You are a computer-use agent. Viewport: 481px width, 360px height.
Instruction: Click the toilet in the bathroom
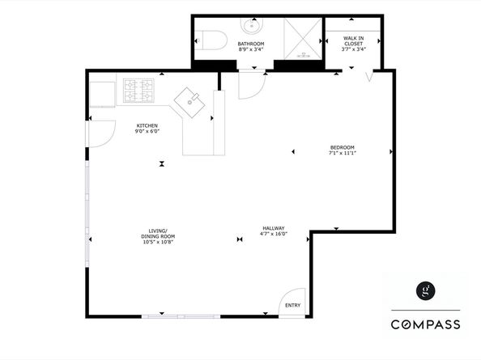[211, 40]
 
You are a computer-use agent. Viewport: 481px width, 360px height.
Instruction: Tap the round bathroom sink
[252, 25]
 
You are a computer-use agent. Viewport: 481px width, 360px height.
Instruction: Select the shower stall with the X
[303, 39]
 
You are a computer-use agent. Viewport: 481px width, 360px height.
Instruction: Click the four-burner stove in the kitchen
[138, 91]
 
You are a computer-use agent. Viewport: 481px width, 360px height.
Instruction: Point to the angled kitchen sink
[189, 103]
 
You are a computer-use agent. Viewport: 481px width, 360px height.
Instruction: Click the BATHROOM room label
[251, 44]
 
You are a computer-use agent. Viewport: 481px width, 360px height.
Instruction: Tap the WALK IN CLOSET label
[354, 40]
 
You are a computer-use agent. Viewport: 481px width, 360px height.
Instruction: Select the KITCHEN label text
[147, 125]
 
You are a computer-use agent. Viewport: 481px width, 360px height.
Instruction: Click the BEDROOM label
[343, 147]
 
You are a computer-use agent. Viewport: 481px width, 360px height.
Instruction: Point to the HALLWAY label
[274, 228]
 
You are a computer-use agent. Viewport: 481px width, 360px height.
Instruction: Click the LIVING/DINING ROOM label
[158, 234]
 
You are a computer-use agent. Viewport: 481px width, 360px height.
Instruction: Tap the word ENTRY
[293, 305]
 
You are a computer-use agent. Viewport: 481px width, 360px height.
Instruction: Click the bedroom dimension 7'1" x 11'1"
[343, 153]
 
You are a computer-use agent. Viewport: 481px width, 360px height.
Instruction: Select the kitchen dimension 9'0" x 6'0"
[147, 131]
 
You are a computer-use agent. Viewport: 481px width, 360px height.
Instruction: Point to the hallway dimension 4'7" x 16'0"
[274, 234]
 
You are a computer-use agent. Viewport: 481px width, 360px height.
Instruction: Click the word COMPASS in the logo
[425, 324]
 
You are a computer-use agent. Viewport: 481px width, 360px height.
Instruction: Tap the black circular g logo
[425, 290]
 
